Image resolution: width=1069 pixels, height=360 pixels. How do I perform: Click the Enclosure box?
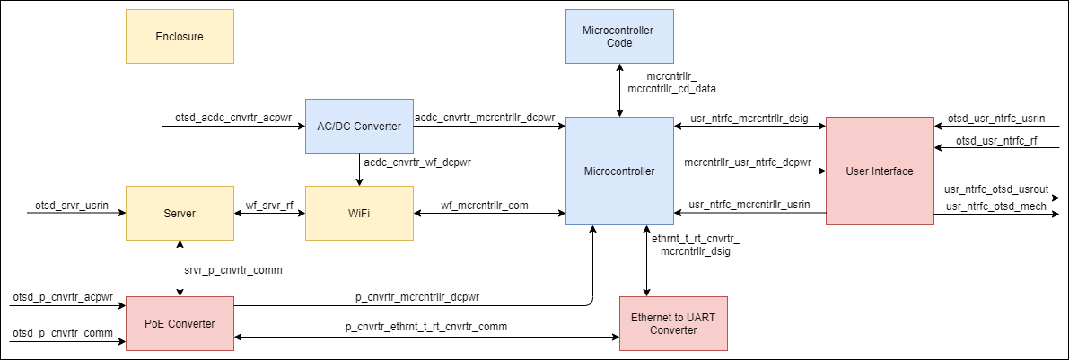(180, 36)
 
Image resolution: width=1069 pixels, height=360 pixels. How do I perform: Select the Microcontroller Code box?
(619, 36)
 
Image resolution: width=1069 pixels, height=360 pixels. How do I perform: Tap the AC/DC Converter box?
(359, 126)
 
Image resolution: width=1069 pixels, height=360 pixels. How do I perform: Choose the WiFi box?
(359, 214)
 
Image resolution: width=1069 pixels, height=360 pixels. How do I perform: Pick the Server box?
(180, 214)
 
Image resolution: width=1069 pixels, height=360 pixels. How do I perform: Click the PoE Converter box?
(180, 323)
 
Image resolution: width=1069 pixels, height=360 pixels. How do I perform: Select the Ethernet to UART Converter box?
(673, 323)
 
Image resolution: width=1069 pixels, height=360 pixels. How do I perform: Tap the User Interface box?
(880, 171)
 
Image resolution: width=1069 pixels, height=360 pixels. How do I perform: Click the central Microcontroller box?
(619, 171)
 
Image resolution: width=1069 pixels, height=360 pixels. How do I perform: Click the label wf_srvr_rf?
(270, 205)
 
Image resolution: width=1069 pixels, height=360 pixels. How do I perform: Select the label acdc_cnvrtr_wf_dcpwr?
(417, 162)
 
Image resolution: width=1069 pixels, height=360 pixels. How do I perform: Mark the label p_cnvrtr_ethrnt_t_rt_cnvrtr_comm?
(426, 327)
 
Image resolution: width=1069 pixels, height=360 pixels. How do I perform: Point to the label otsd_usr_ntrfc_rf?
(997, 140)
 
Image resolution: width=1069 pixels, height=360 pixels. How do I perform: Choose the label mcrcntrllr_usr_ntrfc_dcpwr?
(748, 162)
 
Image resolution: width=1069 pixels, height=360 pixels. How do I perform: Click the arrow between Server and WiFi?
(269, 215)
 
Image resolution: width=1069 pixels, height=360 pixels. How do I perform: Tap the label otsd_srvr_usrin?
(71, 206)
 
